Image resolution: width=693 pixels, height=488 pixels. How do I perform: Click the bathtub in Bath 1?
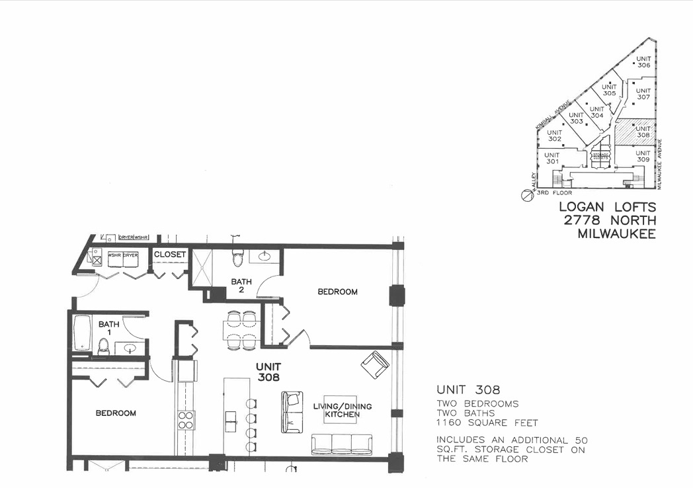click(x=82, y=333)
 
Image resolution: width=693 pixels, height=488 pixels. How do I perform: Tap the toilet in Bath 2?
click(x=237, y=257)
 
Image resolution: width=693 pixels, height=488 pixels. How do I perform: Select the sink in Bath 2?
click(x=265, y=256)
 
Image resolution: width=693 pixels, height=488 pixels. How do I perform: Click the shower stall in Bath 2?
click(x=201, y=267)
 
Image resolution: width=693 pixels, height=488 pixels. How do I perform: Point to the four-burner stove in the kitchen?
click(x=186, y=420)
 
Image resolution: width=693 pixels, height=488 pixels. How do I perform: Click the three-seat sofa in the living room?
click(x=342, y=444)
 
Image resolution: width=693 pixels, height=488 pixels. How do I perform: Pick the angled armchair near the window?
click(x=375, y=364)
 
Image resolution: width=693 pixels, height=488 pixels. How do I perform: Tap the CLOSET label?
click(x=170, y=255)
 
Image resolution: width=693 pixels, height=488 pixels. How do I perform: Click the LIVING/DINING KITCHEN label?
click(x=337, y=411)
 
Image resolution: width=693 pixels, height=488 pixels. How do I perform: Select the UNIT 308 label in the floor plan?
click(x=269, y=372)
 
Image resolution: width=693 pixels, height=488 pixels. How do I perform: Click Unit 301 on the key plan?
click(x=551, y=158)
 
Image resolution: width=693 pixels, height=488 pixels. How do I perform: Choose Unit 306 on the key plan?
click(x=643, y=61)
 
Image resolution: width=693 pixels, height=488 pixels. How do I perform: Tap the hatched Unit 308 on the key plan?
click(x=635, y=132)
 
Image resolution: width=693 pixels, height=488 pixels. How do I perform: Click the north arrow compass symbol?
click(x=526, y=195)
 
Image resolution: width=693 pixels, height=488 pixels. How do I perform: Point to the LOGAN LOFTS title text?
click(x=608, y=208)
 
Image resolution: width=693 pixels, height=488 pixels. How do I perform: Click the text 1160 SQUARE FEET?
click(x=487, y=423)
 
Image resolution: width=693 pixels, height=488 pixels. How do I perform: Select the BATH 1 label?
click(x=108, y=329)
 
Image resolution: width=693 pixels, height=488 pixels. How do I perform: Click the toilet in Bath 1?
click(x=103, y=346)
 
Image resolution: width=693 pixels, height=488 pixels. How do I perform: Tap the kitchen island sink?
click(x=231, y=417)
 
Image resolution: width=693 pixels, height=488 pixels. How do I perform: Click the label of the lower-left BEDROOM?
click(x=116, y=413)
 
